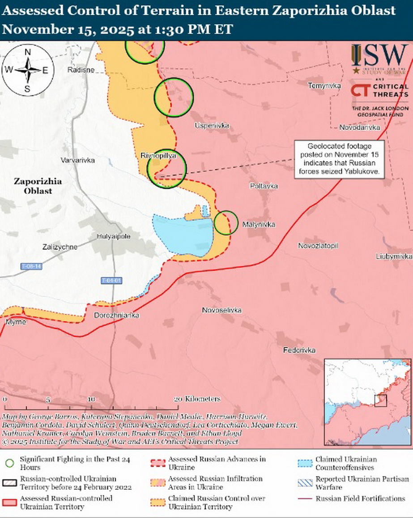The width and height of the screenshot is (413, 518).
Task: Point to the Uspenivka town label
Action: [212, 126]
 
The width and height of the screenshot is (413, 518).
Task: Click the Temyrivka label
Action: [324, 85]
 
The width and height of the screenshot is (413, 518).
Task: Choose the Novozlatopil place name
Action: [318, 246]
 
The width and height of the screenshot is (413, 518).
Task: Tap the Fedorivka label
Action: [299, 350]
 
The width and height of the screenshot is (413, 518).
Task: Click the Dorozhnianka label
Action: [116, 316]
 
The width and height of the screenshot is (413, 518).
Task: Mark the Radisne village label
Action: [81, 70]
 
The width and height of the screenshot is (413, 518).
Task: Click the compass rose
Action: [28, 70]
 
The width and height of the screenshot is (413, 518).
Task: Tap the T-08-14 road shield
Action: [31, 266]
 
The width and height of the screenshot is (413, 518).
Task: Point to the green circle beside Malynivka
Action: [226, 223]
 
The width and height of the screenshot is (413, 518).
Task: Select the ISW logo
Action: [379, 59]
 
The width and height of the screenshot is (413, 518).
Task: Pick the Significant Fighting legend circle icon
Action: [9, 463]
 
